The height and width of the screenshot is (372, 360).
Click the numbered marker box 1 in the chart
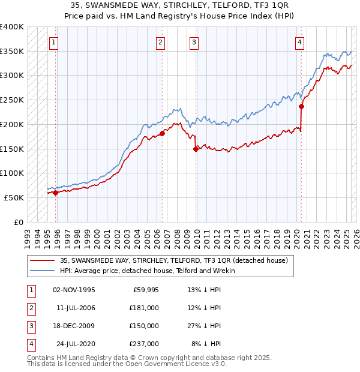pyautogui.click(x=55, y=42)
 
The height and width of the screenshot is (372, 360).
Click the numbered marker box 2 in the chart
pyautogui.click(x=161, y=42)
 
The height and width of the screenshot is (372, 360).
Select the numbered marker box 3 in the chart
pyautogui.click(x=195, y=42)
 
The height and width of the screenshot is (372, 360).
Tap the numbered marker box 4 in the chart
pyautogui.click(x=299, y=42)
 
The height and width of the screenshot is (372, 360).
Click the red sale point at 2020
pyautogui.click(x=301, y=107)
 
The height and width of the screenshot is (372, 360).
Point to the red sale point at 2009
pyautogui.click(x=196, y=149)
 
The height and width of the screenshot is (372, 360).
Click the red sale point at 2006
pyautogui.click(x=162, y=134)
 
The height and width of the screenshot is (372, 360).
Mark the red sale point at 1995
pyautogui.click(x=56, y=193)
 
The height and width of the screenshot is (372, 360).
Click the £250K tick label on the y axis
pyautogui.click(x=12, y=100)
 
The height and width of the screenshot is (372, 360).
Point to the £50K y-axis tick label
pyautogui.click(x=14, y=197)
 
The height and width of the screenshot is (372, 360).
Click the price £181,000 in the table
pyautogui.click(x=144, y=307)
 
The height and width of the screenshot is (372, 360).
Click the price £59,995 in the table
pyautogui.click(x=144, y=290)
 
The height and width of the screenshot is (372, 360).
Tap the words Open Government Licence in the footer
pyautogui.click(x=173, y=364)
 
